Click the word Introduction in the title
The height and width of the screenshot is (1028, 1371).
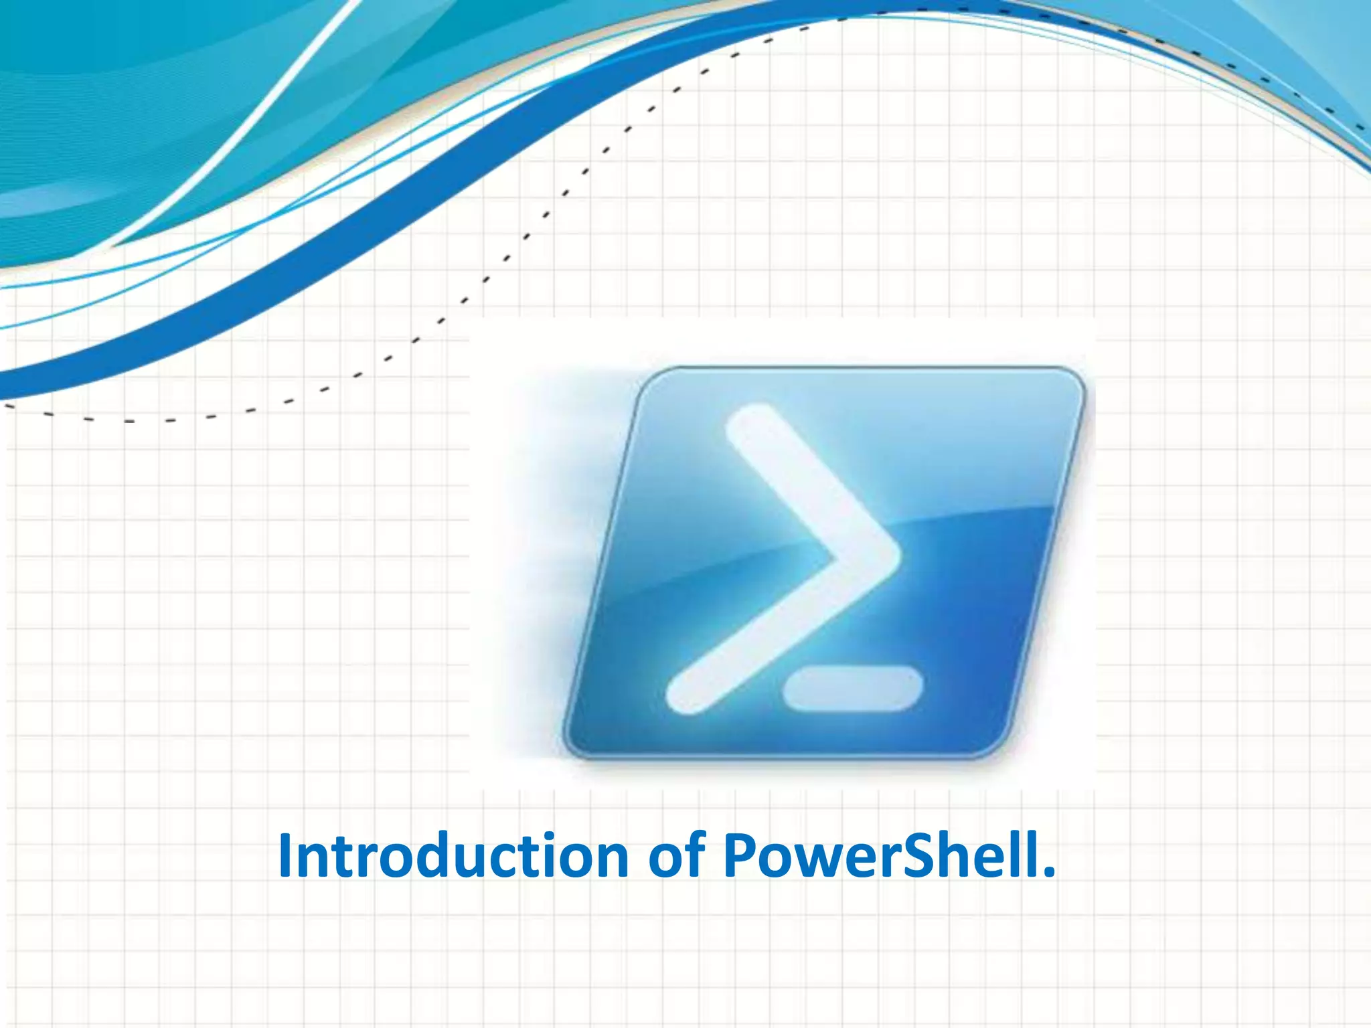click(x=453, y=856)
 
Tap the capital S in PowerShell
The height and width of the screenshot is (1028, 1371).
click(x=917, y=856)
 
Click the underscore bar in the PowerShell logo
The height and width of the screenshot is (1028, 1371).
click(x=852, y=689)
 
